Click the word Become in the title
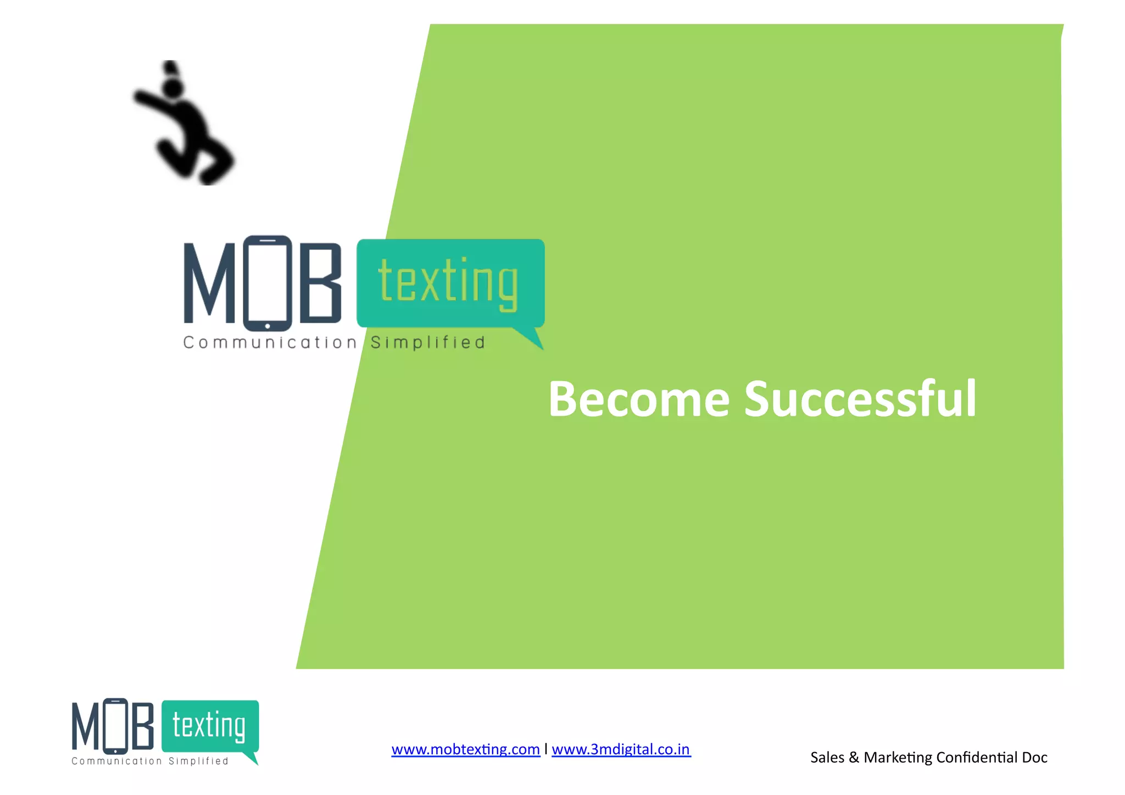pyautogui.click(x=639, y=399)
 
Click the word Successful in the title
pyautogui.click(x=860, y=399)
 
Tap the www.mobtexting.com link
pyautogui.click(x=465, y=749)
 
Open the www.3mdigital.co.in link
pyautogui.click(x=621, y=749)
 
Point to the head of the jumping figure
pyautogui.click(x=172, y=87)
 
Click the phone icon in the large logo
pyautogui.click(x=268, y=283)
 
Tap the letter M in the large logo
pyautogui.click(x=209, y=283)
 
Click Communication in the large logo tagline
pyautogui.click(x=270, y=343)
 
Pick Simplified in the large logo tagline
pyautogui.click(x=428, y=343)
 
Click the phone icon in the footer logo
pyautogui.click(x=115, y=726)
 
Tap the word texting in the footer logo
pyautogui.click(x=209, y=726)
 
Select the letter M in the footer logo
pyautogui.click(x=86, y=726)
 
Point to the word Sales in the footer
pyautogui.click(x=827, y=758)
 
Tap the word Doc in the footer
pyautogui.click(x=1034, y=758)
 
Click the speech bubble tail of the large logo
pyautogui.click(x=531, y=337)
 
